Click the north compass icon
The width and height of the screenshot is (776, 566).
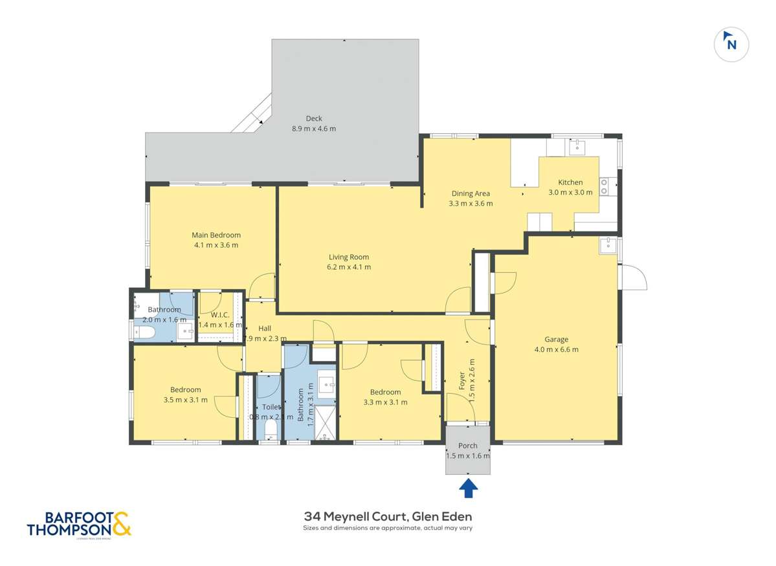(731, 43)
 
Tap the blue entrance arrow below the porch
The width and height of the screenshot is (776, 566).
(468, 488)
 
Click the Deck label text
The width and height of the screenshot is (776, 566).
(314, 118)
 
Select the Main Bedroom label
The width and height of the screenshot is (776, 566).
(216, 235)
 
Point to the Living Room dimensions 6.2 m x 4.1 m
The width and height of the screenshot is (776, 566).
(349, 267)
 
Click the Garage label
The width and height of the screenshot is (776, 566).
(556, 339)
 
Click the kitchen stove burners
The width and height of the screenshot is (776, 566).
(604, 186)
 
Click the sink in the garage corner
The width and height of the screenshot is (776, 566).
(608, 245)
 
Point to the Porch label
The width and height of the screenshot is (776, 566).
(467, 446)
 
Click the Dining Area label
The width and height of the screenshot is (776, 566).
(471, 193)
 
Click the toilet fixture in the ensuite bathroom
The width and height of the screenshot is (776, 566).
(143, 332)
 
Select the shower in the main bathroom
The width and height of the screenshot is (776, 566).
(327, 423)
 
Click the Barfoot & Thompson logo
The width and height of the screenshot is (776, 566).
(79, 524)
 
